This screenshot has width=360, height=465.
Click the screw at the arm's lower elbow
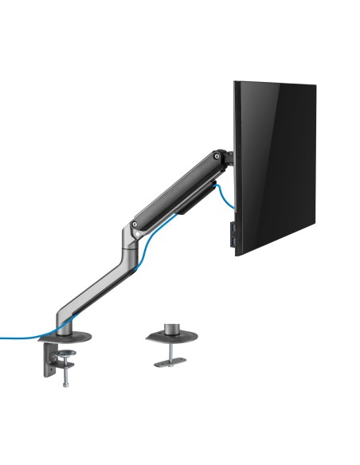click(138, 227)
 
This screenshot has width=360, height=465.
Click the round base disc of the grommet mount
click(170, 338)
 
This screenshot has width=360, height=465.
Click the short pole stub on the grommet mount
click(170, 327)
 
